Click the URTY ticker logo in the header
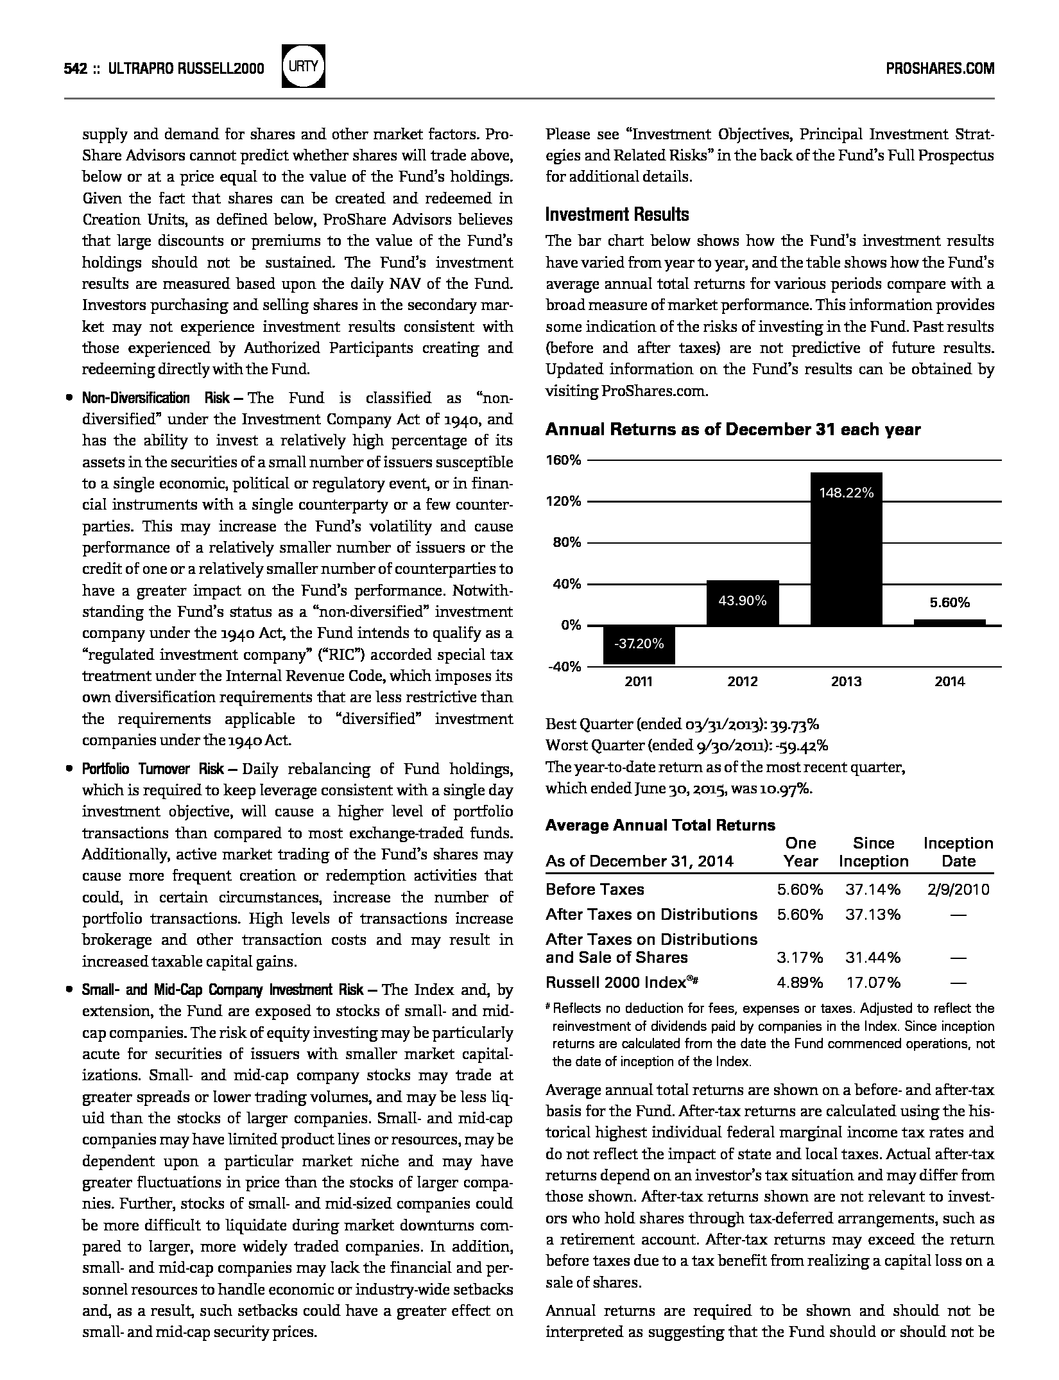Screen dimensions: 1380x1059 303,66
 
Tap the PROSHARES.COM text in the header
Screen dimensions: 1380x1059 940,69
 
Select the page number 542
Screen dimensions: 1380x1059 76,69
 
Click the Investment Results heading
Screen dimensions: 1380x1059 617,214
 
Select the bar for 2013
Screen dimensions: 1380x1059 846,549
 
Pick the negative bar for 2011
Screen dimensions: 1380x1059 639,644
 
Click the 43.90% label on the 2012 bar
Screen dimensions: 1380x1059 742,601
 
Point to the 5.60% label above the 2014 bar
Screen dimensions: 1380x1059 950,603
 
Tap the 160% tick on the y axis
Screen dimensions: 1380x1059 564,460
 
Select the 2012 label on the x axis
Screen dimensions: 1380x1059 743,682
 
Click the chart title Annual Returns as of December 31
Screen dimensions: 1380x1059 732,430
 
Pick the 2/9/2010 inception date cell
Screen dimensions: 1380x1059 958,889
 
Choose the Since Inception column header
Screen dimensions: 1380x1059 874,852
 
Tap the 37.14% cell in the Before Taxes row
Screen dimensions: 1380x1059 872,889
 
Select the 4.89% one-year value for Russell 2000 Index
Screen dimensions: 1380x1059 800,983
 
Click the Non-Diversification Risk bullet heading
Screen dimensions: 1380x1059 156,398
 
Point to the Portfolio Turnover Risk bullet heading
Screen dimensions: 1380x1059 153,769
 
